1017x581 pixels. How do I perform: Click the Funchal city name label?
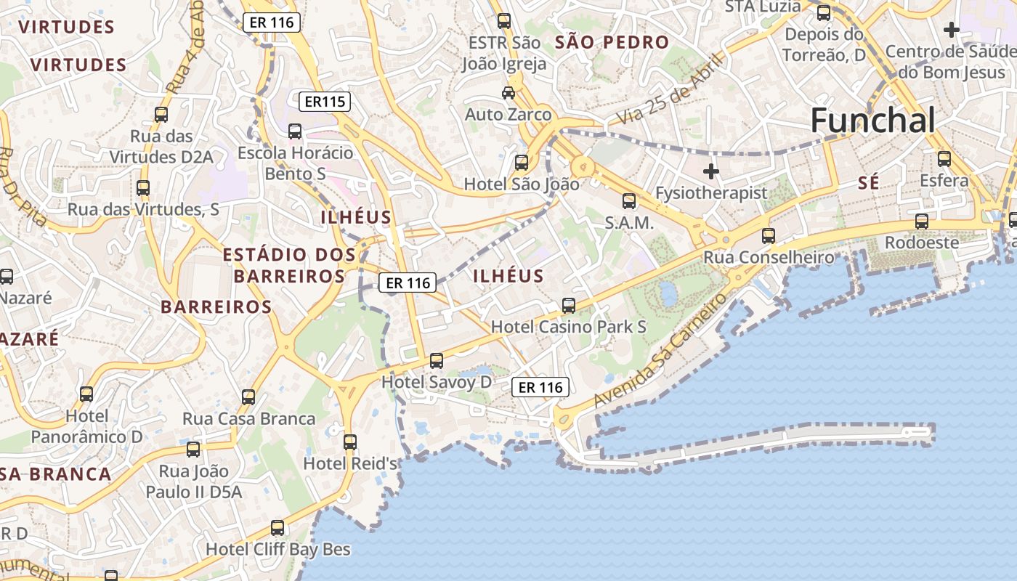872,121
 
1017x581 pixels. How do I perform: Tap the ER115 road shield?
325,102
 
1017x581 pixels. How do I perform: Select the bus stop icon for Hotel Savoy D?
437,360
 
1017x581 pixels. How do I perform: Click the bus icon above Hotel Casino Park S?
569,306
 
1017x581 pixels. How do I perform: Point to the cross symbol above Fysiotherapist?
711,172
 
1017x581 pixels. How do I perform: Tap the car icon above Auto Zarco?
508,93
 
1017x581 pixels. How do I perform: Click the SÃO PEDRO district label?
612,42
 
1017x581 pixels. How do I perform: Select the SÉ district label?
868,183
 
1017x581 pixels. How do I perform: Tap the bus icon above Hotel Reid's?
350,442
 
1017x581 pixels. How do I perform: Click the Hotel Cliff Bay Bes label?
278,549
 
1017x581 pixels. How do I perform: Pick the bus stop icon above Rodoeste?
922,222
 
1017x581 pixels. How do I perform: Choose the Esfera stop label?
944,180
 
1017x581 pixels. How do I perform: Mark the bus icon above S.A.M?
629,201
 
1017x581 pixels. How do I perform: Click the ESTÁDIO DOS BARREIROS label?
289,265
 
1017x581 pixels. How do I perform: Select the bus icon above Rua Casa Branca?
248,397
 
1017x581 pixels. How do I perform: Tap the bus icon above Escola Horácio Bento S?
295,131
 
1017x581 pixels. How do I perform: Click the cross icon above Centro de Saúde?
951,30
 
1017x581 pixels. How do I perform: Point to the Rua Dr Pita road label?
22,186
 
